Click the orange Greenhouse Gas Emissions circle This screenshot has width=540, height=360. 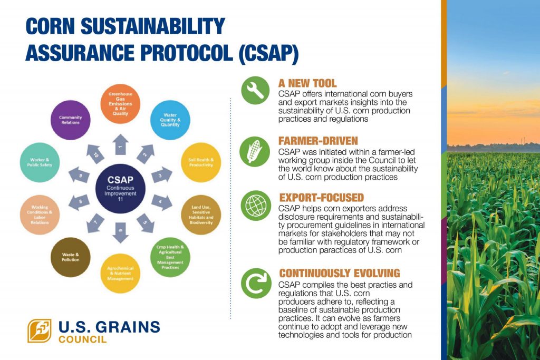click(120, 104)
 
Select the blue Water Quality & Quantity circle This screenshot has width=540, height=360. click(170, 120)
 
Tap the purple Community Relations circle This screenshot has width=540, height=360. click(70, 120)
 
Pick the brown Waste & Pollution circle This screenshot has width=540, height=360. click(70, 257)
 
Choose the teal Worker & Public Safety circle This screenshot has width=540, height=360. click(40, 162)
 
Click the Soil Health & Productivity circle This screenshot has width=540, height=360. click(201, 162)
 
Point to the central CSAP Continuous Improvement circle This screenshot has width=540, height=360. click(120, 189)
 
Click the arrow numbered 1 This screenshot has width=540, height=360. click(120, 144)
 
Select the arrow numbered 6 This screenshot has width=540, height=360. click(120, 232)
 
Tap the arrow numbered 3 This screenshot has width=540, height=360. click(161, 175)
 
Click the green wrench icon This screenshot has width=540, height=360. click(255, 91)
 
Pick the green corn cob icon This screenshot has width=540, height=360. click(255, 151)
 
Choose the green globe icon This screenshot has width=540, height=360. click(256, 206)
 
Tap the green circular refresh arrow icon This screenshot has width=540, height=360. click(256, 283)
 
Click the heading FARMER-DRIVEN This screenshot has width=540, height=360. click(318, 141)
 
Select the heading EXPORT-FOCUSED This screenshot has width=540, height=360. click(321, 198)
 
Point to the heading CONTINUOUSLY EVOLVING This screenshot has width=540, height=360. click(339, 273)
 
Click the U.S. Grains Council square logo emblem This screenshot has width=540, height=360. click(40, 330)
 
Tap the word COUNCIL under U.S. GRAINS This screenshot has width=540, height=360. click(82, 339)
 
